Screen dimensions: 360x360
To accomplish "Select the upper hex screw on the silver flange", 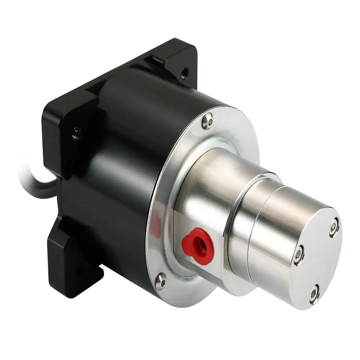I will (x=208, y=121).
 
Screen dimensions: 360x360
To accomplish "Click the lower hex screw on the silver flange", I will (x=161, y=281).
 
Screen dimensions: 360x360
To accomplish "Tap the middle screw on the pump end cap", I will (x=298, y=255).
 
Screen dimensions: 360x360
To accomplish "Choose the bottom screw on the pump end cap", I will (x=314, y=294).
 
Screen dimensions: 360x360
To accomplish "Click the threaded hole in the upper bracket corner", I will (x=184, y=73).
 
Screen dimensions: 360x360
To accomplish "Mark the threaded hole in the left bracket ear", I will (x=76, y=134).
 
